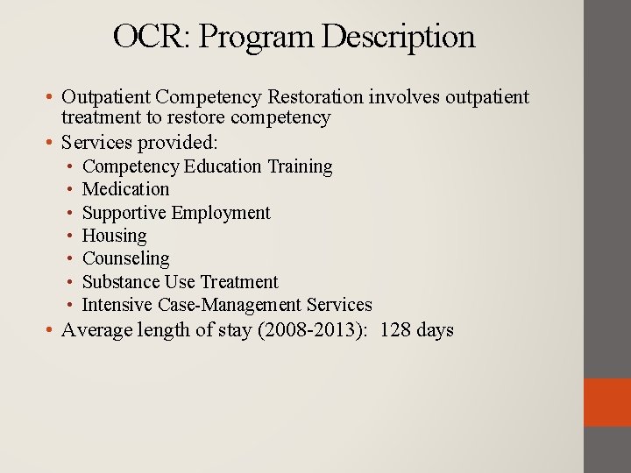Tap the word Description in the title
pos(398,37)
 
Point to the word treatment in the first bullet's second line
pos(103,117)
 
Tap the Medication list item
pos(125,189)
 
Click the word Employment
pos(221,213)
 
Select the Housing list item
pos(114,236)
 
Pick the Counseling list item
pos(125,258)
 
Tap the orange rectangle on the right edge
pos(606,402)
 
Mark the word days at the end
pos(436,330)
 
